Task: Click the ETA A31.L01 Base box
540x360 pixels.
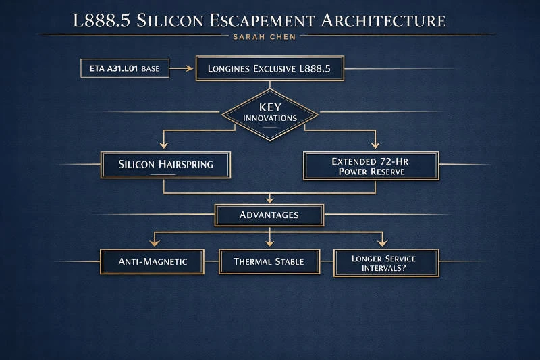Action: click(124, 68)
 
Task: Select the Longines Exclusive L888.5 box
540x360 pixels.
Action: click(269, 68)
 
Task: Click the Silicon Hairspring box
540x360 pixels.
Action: click(165, 164)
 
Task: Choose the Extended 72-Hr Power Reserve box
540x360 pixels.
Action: click(371, 165)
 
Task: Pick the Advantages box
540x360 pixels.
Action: click(269, 215)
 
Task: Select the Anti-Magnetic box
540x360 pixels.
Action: click(152, 261)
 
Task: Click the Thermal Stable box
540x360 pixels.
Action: click(269, 261)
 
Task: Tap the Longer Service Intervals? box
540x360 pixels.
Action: click(386, 262)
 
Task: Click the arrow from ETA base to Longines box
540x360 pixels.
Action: click(182, 68)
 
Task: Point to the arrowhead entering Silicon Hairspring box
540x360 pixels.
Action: click(163, 145)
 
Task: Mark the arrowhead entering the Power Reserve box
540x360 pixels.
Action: click(377, 145)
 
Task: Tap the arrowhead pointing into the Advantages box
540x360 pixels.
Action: click(269, 199)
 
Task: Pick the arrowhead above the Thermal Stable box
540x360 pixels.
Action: click(269, 242)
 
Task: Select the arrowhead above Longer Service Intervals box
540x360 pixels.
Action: click(382, 242)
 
